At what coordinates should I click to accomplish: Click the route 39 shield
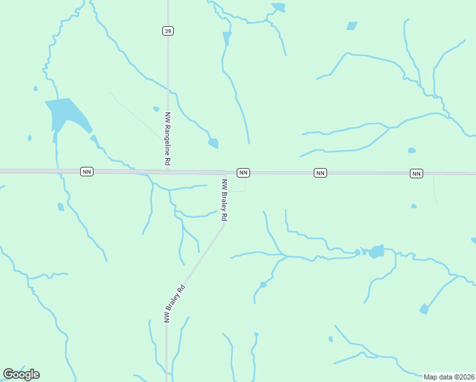[x=167, y=31]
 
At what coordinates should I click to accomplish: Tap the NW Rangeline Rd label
[x=168, y=139]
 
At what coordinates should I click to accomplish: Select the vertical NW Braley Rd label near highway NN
[x=224, y=200]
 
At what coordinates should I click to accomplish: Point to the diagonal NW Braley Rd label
[x=174, y=304]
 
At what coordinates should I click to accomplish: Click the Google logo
[x=21, y=374]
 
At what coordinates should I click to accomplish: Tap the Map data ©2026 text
[x=449, y=377]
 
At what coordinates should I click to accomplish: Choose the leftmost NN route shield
[x=87, y=171]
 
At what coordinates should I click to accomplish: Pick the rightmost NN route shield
[x=416, y=173]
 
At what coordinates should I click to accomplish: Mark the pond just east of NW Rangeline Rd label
[x=213, y=143]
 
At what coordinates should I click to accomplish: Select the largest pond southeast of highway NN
[x=377, y=251]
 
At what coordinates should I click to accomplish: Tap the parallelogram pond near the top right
[x=352, y=26]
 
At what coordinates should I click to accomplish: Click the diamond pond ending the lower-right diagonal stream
[x=424, y=309]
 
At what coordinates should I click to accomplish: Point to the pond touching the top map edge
[x=279, y=7]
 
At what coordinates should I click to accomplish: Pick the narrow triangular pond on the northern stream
[x=227, y=38]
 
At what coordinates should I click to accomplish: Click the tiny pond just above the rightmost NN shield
[x=412, y=151]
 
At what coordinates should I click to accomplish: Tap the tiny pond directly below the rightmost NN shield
[x=414, y=206]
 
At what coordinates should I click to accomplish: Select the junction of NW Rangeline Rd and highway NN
[x=168, y=171]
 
